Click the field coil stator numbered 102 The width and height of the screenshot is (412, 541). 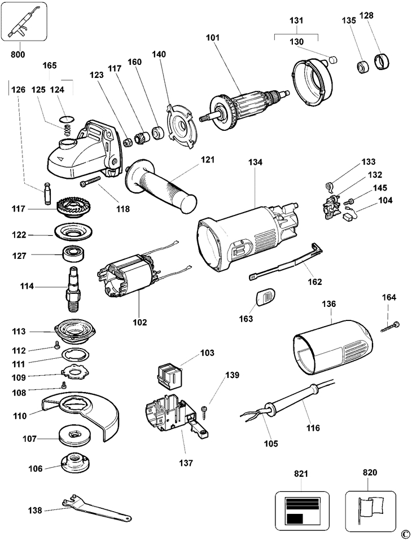coord(128,279)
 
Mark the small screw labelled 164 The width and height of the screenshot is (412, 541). coord(390,327)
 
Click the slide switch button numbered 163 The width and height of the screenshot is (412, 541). coord(264,297)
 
